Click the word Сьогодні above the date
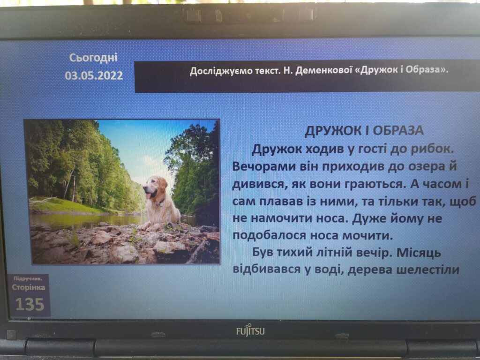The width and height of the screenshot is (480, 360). tap(93, 58)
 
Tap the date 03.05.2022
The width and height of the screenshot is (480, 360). tap(94, 75)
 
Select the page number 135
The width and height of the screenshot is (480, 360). tap(30, 305)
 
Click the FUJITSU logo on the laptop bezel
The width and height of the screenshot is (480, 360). tap(250, 331)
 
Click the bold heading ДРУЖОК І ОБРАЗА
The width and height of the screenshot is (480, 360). tap(364, 131)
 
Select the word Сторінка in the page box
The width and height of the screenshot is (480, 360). tap(29, 287)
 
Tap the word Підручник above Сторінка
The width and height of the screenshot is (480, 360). tap(28, 278)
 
